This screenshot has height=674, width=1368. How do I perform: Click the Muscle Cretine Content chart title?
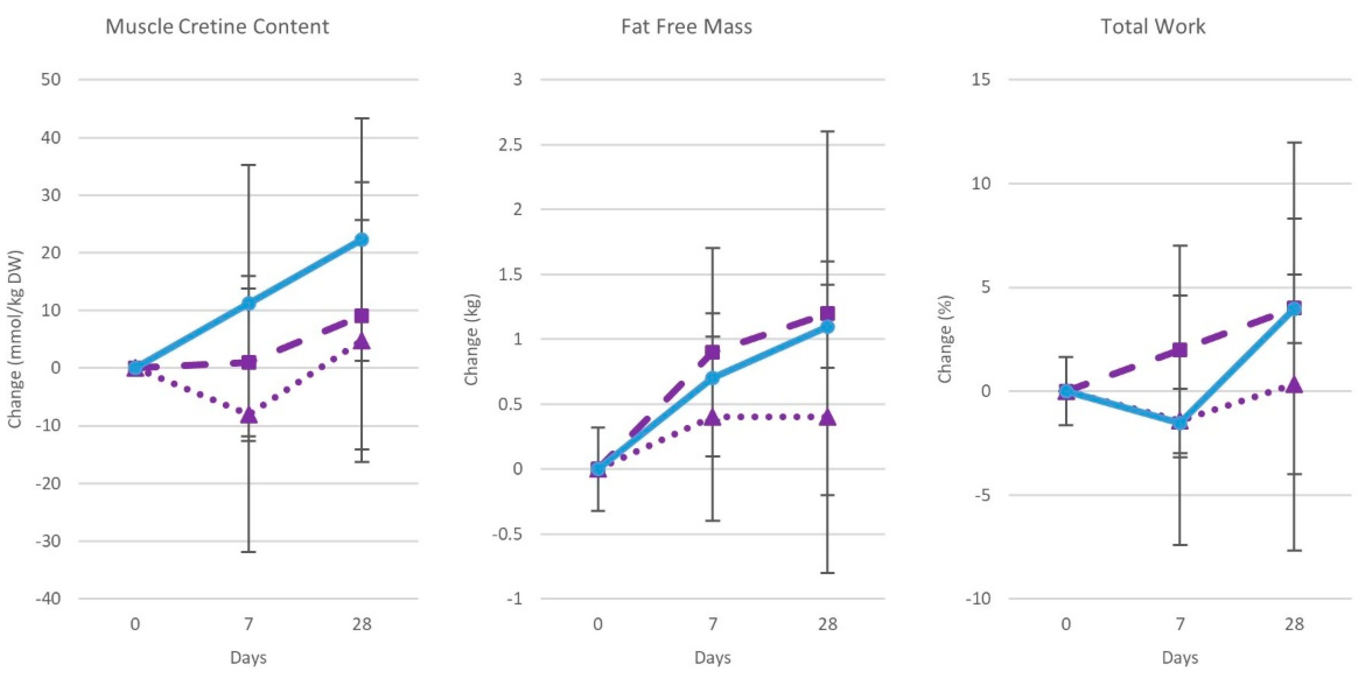217,27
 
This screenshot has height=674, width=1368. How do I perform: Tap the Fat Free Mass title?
686,27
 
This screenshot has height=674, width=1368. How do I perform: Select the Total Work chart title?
1152,27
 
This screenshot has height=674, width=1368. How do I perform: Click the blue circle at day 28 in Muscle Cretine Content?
361,240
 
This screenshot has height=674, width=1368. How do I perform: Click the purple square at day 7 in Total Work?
1180,350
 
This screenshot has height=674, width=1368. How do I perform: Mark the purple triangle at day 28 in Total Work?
1294,385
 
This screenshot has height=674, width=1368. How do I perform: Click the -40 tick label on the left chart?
48,599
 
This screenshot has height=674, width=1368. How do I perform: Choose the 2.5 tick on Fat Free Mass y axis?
510,145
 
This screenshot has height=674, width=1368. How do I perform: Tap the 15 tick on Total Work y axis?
981,80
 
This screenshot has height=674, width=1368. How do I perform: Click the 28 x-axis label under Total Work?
1294,624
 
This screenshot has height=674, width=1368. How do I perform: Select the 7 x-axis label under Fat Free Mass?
712,624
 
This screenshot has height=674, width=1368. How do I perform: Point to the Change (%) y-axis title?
945,340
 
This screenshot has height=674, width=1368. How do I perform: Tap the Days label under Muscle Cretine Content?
248,658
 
